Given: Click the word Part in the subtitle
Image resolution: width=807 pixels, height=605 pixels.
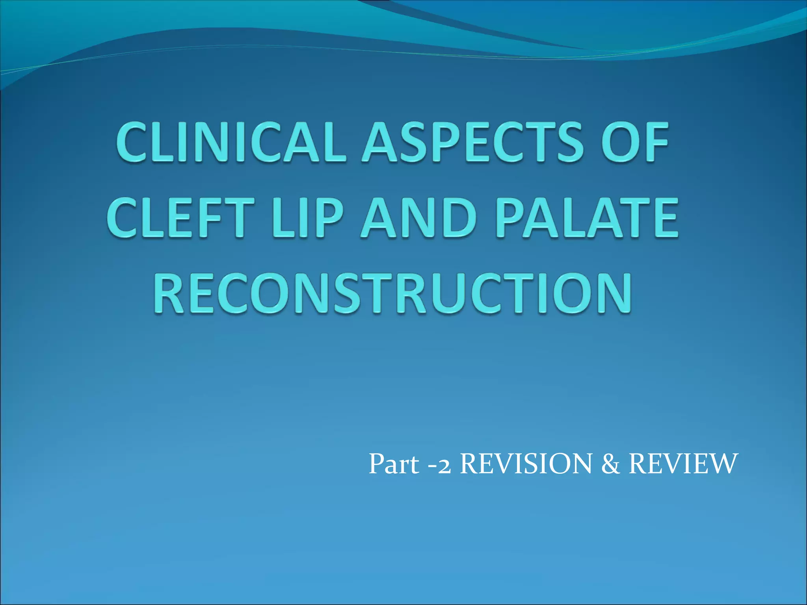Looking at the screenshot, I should tap(394, 464).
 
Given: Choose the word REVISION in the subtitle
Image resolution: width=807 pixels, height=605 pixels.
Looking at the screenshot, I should tap(526, 464).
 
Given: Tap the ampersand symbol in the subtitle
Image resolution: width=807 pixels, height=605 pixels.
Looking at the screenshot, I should tap(610, 464).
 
